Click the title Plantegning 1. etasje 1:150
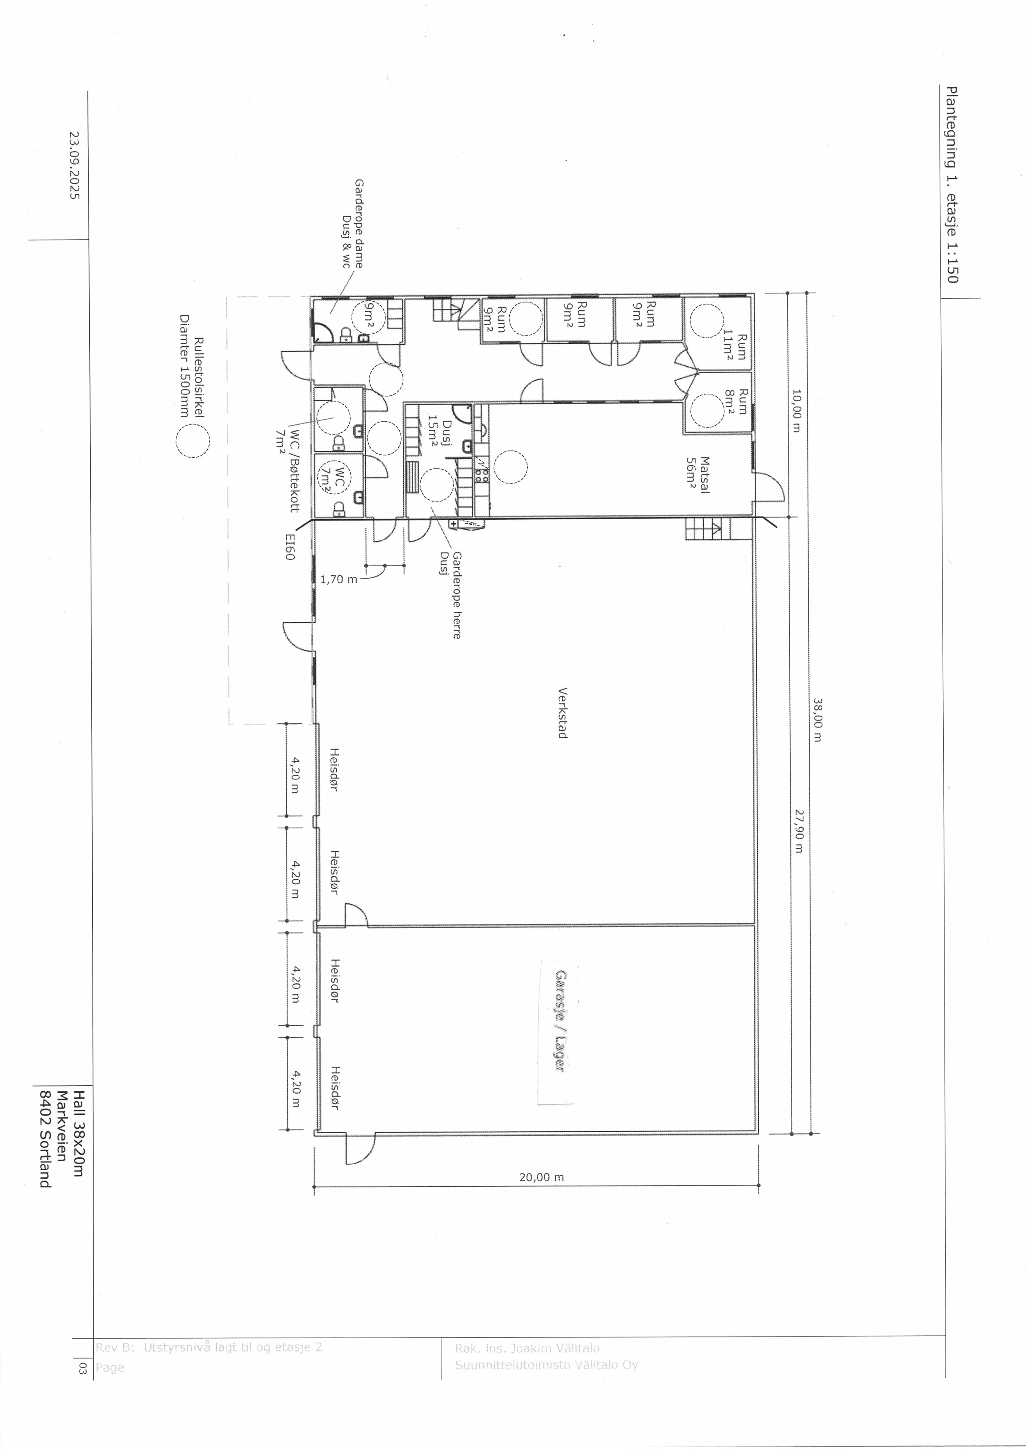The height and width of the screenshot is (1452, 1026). (x=952, y=185)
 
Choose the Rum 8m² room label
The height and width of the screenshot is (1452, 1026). (x=736, y=401)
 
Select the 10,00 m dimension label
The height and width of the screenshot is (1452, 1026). (x=796, y=410)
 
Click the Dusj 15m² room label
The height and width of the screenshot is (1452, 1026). (x=441, y=433)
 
